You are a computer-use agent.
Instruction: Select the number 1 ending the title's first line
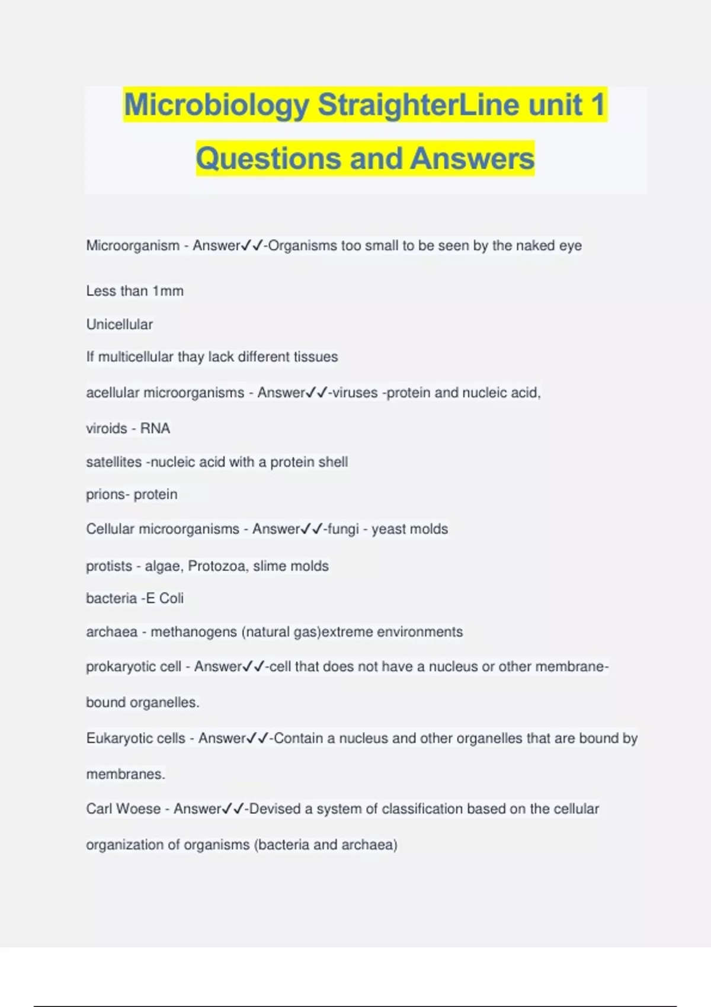pos(597,105)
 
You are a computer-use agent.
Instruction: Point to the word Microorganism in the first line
pos(133,246)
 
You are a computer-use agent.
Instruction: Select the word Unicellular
pos(120,325)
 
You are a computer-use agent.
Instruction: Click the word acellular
pos(113,393)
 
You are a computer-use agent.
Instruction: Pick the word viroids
pos(107,428)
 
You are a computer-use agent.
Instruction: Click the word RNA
pos(155,428)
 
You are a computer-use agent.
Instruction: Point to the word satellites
pos(114,462)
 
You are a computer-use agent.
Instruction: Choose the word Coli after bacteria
pos(171,598)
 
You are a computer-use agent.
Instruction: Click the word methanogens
pos(194,632)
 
